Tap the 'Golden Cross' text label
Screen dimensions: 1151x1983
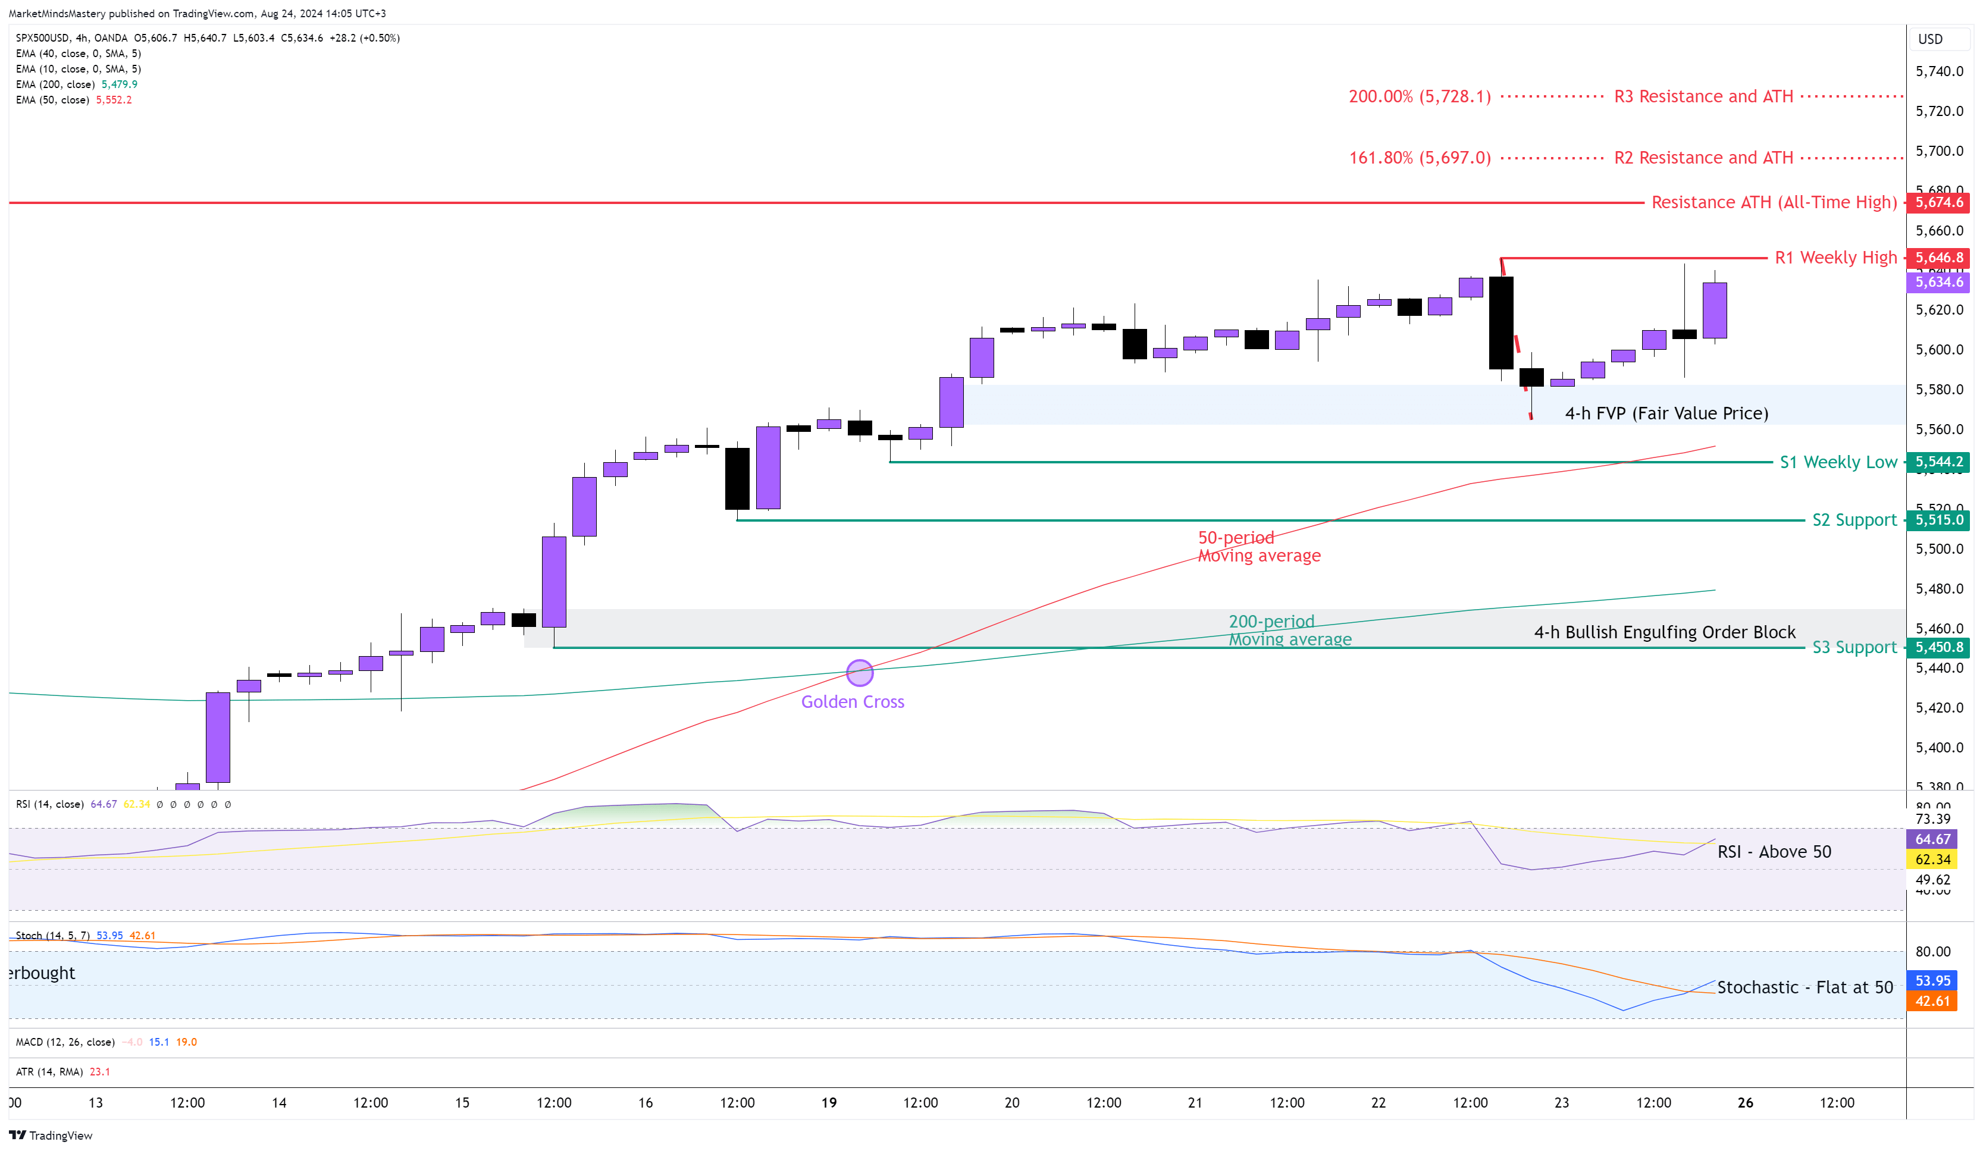[x=852, y=702]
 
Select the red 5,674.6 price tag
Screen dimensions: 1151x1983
[x=1938, y=202]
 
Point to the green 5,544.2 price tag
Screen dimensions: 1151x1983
[x=1938, y=462]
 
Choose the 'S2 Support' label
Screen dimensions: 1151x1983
[x=1854, y=520]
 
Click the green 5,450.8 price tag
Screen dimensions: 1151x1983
[x=1938, y=648]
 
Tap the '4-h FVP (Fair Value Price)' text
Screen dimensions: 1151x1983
[x=1666, y=413]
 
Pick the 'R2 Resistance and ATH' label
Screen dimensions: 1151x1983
[x=1703, y=158]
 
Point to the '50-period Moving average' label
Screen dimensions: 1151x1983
[x=1258, y=547]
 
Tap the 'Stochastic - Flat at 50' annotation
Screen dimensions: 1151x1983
[x=1805, y=987]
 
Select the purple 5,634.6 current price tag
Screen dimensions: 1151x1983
[x=1938, y=281]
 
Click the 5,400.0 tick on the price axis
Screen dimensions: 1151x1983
[x=1939, y=747]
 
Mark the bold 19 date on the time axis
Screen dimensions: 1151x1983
[x=829, y=1102]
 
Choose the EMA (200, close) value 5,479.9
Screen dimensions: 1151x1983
[x=119, y=84]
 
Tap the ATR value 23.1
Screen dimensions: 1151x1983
[x=100, y=1071]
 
